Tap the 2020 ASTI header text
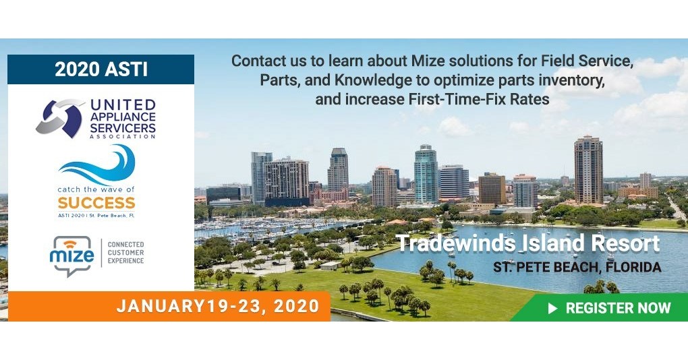[x=101, y=69]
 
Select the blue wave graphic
[x=98, y=164]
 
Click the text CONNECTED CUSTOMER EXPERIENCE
[x=126, y=252]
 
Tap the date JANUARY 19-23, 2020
[x=217, y=307]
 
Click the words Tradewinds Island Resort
[x=528, y=244]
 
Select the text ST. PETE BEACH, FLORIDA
[x=577, y=267]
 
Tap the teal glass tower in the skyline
[x=426, y=173]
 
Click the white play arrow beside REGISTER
[x=553, y=308]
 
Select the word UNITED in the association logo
[x=123, y=105]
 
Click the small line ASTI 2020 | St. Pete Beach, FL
[x=96, y=215]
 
